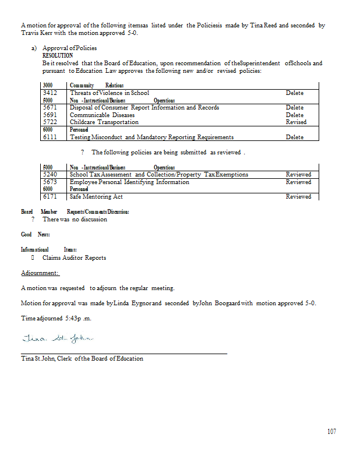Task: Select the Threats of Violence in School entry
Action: (109, 93)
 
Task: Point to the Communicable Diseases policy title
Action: (102, 115)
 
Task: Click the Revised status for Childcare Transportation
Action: (296, 122)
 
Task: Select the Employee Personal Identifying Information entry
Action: (129, 182)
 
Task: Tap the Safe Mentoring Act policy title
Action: (96, 197)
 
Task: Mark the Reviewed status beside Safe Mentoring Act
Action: (298, 197)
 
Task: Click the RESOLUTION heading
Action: (58, 55)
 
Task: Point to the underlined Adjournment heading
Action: (40, 273)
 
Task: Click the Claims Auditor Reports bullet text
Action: (74, 257)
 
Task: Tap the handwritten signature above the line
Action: (57, 339)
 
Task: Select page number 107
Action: (331, 432)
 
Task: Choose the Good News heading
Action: (36, 234)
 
